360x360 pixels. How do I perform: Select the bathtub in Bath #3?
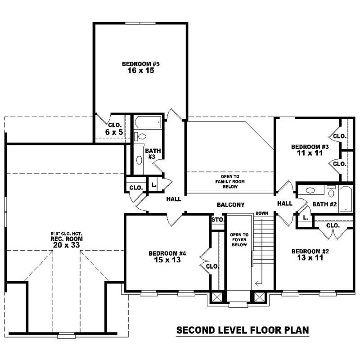(148, 122)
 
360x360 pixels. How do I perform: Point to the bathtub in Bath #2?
(346, 198)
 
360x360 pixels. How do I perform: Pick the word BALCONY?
(230, 205)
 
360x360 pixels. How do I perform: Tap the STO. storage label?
(218, 220)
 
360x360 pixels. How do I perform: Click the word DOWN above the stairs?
(262, 213)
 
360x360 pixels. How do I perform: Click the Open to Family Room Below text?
(230, 181)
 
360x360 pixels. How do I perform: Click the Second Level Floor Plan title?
(242, 330)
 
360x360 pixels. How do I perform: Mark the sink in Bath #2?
(310, 190)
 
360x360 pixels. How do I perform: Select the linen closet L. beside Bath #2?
(306, 218)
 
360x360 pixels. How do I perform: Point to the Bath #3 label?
(150, 154)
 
